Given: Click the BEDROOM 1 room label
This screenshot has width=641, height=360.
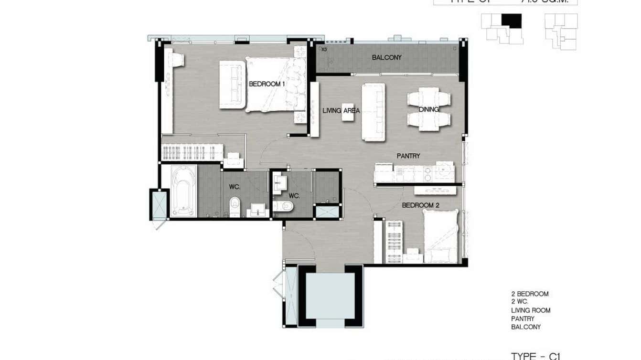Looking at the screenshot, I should (267, 84).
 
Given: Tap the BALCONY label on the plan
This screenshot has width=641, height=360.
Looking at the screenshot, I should (386, 58).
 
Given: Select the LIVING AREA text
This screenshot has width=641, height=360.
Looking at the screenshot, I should (341, 111).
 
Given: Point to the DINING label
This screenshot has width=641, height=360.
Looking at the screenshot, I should (428, 110).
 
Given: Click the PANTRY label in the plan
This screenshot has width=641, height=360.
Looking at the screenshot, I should (408, 156).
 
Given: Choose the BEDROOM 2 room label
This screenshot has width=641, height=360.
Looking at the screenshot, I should (420, 206).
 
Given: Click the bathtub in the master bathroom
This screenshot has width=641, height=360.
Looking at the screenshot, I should (183, 191).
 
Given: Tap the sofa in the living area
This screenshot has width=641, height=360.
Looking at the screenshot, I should (373, 112).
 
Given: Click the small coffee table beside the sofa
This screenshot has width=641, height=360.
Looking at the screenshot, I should (348, 115).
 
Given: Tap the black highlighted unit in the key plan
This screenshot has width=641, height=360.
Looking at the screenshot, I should (511, 21).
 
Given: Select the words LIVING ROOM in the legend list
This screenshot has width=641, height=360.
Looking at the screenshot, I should (530, 310).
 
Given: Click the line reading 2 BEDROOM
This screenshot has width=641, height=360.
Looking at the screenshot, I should (529, 294).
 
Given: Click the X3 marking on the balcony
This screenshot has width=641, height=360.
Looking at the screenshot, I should (324, 49).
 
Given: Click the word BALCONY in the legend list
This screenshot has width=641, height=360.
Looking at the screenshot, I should (525, 327).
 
